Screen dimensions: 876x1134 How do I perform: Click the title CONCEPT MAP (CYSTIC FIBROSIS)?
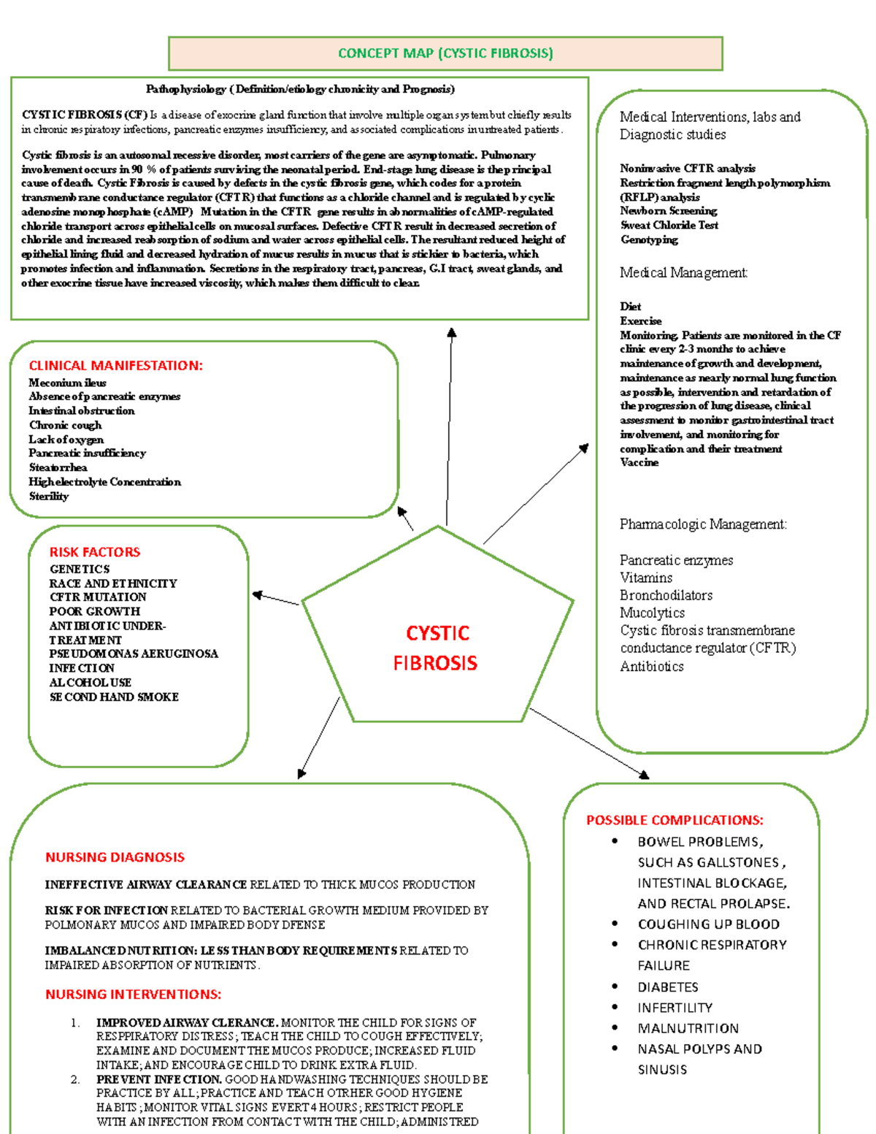(445, 53)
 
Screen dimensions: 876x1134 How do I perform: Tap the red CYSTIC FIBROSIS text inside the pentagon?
(437, 648)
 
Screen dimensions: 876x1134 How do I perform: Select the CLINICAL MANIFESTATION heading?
(115, 366)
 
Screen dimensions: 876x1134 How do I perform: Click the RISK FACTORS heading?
(95, 552)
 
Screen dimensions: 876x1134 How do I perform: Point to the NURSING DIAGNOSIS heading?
(115, 857)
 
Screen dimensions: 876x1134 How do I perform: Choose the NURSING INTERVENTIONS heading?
(133, 995)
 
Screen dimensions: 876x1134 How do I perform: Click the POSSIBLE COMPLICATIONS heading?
(675, 820)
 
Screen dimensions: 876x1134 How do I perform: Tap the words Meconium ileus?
(67, 383)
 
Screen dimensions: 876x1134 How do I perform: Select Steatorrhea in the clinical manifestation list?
(58, 467)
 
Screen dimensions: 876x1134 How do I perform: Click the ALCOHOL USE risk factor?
(91, 683)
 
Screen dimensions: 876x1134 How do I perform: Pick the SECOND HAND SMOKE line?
(114, 697)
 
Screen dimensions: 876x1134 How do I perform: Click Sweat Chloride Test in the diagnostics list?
(669, 225)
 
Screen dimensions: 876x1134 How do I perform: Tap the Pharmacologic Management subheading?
(703, 524)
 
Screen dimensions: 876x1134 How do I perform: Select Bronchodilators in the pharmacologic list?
(666, 595)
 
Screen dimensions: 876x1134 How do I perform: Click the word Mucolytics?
(652, 613)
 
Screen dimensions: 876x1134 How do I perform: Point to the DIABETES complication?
(668, 987)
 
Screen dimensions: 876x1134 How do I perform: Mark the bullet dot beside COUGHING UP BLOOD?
(615, 924)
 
